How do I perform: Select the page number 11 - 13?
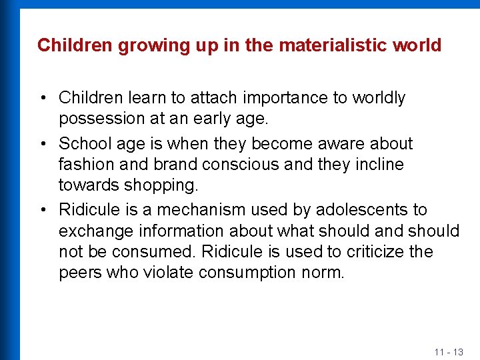(448, 351)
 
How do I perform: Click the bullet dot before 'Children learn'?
(42, 98)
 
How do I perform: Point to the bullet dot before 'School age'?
(42, 144)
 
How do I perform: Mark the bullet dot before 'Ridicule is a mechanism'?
(42, 210)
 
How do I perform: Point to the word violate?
(166, 273)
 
